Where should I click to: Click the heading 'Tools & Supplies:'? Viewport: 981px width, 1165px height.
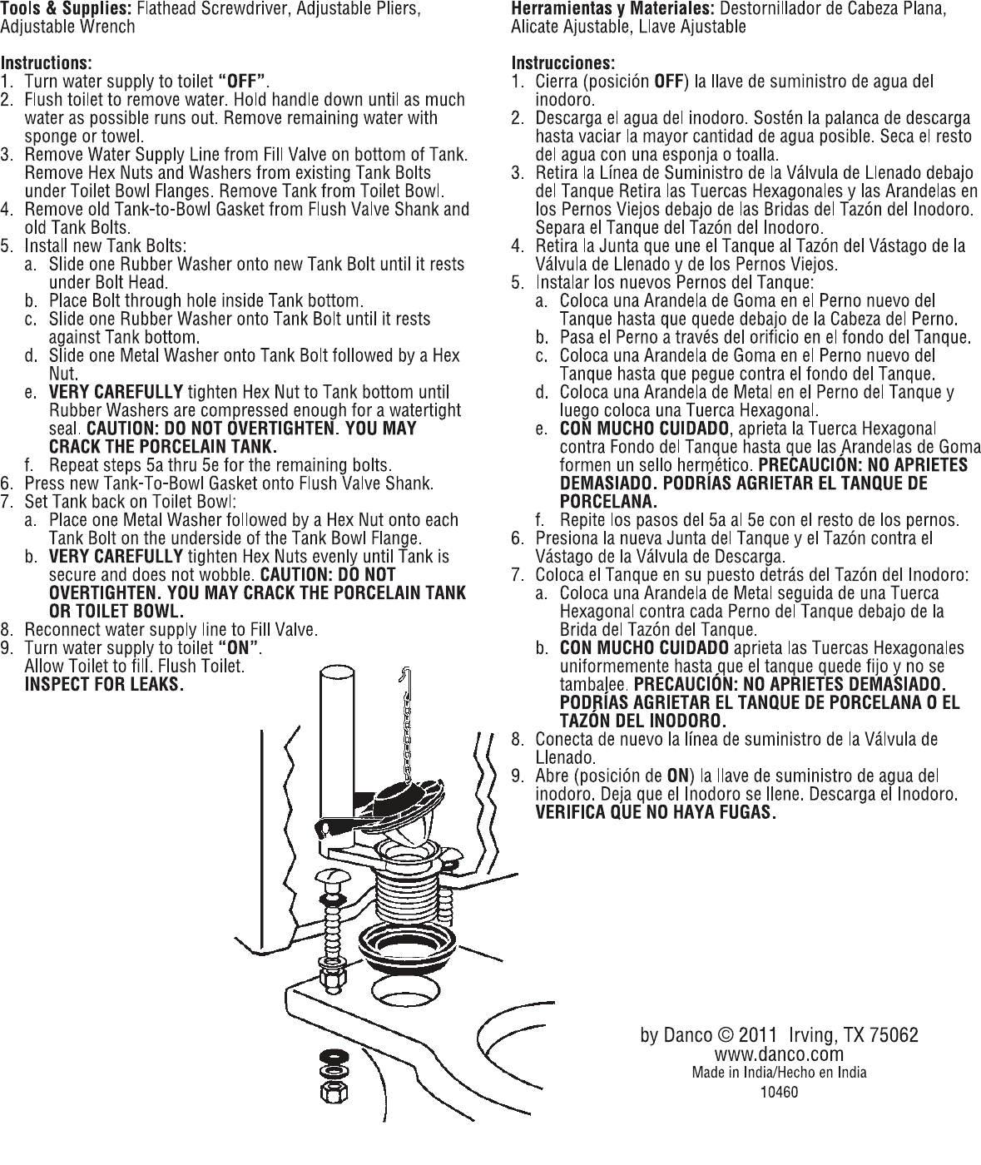click(x=67, y=10)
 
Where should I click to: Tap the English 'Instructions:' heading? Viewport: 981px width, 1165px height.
click(x=46, y=63)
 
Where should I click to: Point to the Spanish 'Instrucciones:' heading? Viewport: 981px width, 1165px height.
click(x=563, y=63)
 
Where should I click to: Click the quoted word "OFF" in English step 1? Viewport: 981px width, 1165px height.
click(x=242, y=82)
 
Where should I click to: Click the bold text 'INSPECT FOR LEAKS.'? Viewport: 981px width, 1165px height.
click(x=103, y=685)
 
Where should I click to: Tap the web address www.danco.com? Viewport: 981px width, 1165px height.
click(x=780, y=1054)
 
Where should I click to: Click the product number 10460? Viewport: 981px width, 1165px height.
click(x=780, y=1093)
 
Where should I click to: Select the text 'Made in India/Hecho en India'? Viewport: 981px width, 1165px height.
click(x=780, y=1073)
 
